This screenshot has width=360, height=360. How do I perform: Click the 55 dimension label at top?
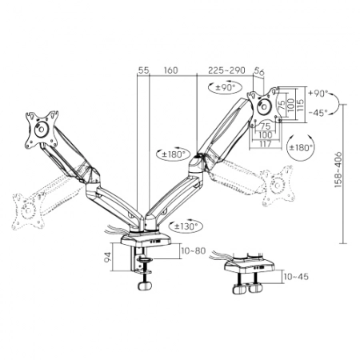point(143,70)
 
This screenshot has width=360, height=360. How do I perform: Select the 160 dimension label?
point(170,70)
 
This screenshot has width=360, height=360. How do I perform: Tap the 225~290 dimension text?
point(226,70)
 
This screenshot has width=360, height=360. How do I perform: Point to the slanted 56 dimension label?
point(259,71)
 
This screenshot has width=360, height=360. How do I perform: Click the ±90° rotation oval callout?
point(226,87)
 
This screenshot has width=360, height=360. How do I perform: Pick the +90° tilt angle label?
point(318,94)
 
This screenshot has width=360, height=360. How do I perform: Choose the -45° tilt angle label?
point(318,113)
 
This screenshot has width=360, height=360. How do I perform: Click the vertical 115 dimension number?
point(300,105)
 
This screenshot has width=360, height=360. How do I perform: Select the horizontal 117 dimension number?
point(265,144)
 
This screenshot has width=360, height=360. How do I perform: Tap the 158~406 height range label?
point(338,170)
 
